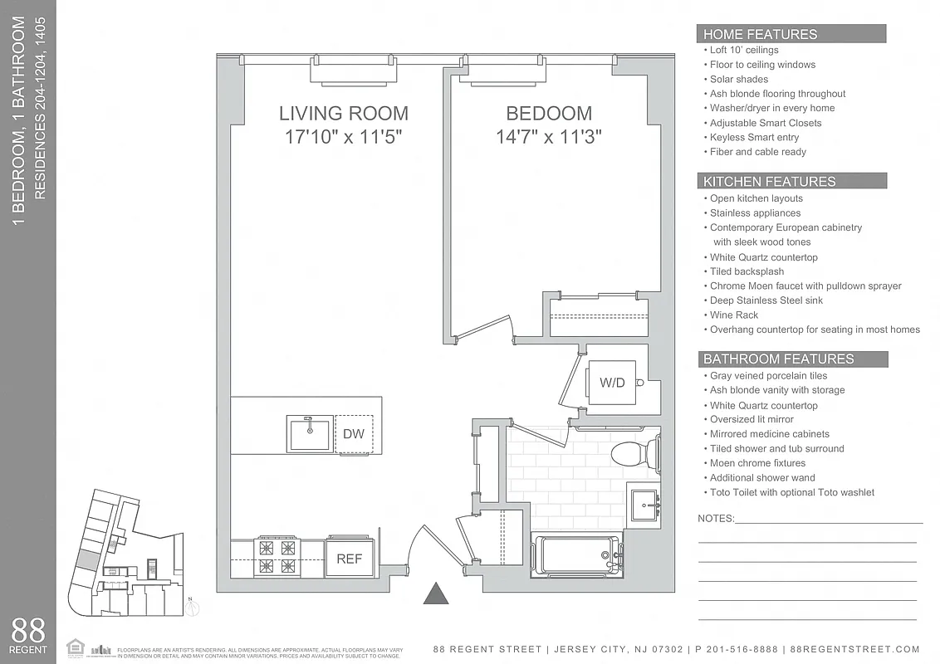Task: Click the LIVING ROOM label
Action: pyautogui.click(x=343, y=114)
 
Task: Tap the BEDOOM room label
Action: pyautogui.click(x=549, y=114)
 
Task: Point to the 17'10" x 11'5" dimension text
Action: pyautogui.click(x=343, y=137)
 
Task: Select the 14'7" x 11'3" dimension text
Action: pyautogui.click(x=549, y=137)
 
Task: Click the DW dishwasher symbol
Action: pyautogui.click(x=354, y=433)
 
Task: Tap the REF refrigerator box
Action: pyautogui.click(x=350, y=559)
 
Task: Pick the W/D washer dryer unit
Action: pyautogui.click(x=613, y=383)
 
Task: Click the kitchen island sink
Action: pyautogui.click(x=310, y=432)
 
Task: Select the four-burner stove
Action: pyautogui.click(x=277, y=556)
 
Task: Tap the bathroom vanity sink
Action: pyautogui.click(x=644, y=503)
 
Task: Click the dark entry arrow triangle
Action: pyautogui.click(x=436, y=593)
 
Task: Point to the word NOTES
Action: pyautogui.click(x=716, y=518)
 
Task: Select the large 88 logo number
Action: pyautogui.click(x=29, y=631)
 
